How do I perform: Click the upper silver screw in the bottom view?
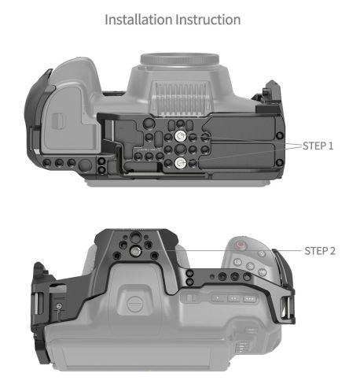pyautogui.click(x=180, y=137)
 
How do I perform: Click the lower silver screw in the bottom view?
pyautogui.click(x=180, y=162)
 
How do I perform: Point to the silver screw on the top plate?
pyautogui.click(x=143, y=251)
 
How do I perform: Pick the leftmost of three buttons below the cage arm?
pyautogui.click(x=191, y=298)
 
